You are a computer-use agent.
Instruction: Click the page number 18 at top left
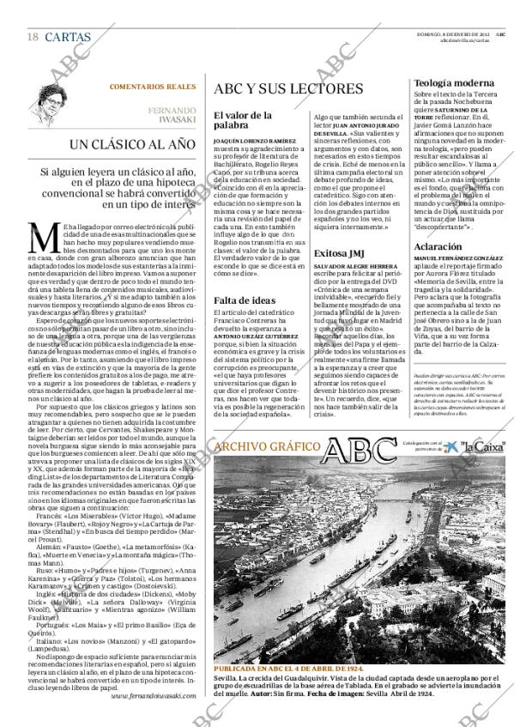click(x=32, y=37)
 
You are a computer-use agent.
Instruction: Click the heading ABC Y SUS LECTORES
click(x=275, y=89)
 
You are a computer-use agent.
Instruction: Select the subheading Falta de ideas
click(x=245, y=300)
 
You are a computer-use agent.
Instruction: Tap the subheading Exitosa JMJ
click(x=342, y=253)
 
